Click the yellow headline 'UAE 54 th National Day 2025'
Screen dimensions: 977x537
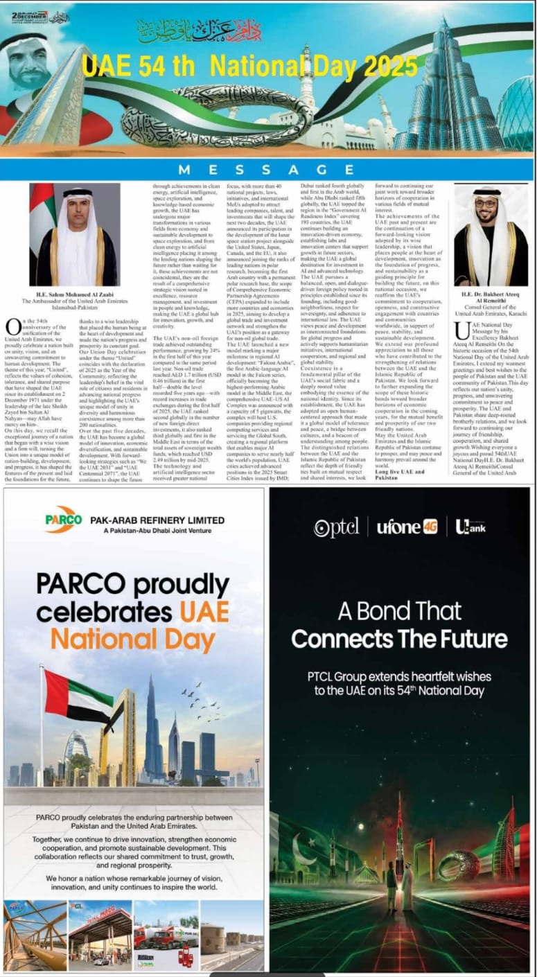coord(249,67)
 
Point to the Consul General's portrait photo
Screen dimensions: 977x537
coord(491,236)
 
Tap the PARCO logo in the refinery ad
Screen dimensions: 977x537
coord(64,520)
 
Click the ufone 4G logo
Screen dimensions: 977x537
coord(407,527)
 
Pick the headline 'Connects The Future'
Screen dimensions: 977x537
coord(399,638)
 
